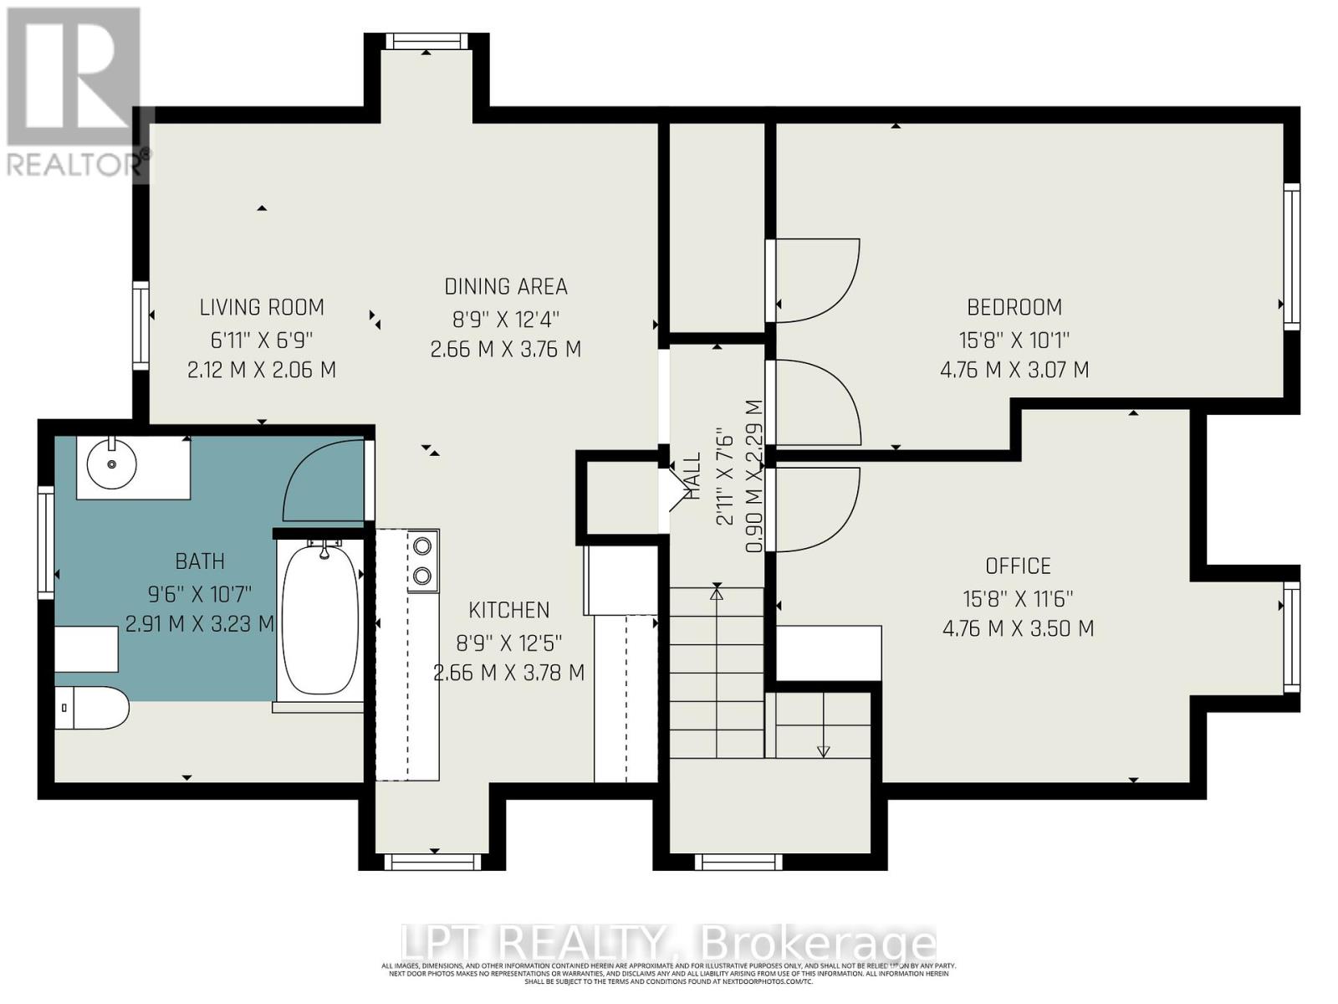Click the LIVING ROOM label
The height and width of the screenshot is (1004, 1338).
click(x=262, y=307)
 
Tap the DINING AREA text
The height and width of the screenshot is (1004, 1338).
click(x=506, y=286)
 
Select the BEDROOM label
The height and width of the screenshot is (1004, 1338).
click(x=1014, y=307)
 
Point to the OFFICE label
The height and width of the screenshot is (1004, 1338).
click(x=1018, y=566)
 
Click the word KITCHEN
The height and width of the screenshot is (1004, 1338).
click(x=508, y=610)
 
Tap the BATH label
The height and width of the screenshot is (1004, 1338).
click(x=200, y=561)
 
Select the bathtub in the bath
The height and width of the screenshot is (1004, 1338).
click(x=320, y=620)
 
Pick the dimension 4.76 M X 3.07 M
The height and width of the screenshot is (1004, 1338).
click(x=1014, y=369)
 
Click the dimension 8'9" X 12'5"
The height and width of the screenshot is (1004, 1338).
click(x=508, y=643)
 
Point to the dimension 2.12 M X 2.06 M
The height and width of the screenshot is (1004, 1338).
click(x=262, y=369)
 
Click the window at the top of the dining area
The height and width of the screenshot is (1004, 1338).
click(x=426, y=41)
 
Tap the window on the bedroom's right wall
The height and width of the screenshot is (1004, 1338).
click(x=1292, y=256)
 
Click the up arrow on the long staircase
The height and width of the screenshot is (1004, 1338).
click(x=717, y=593)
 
